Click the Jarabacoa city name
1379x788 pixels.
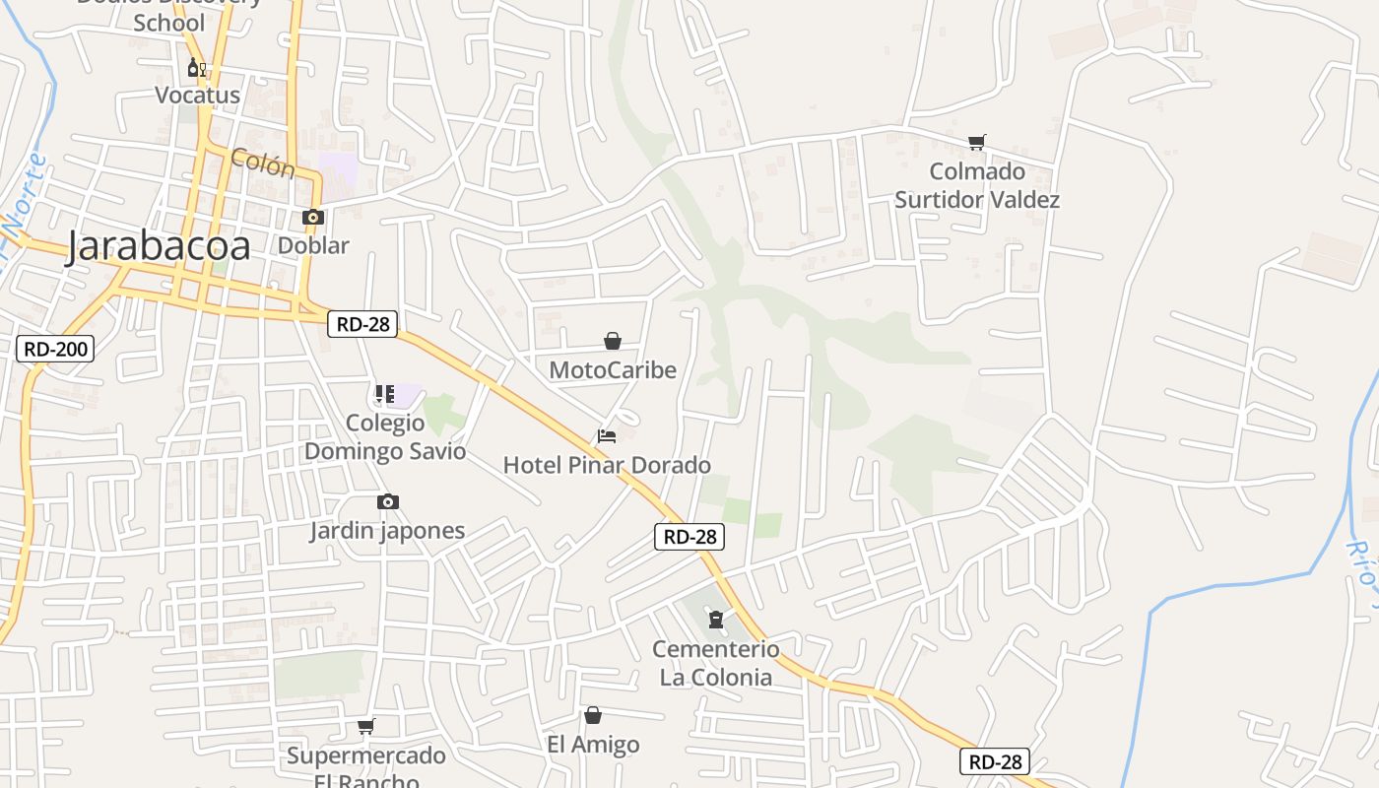pos(158,247)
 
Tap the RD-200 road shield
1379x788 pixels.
pos(55,348)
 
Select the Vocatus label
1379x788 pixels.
pos(197,96)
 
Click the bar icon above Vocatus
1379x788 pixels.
pos(196,68)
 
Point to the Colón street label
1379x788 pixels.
pos(263,163)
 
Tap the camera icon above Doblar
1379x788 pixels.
pos(313,218)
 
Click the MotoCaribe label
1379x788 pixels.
pos(613,370)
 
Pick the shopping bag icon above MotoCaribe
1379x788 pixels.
pos(613,341)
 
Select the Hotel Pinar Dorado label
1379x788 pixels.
pos(607,465)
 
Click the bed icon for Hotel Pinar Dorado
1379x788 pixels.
pos(607,435)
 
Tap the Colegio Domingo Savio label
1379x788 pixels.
pos(385,437)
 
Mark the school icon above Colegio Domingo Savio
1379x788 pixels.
pos(385,394)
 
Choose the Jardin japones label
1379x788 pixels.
pos(387,531)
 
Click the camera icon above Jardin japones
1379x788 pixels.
pos(388,502)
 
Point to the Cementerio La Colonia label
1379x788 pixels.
pos(715,663)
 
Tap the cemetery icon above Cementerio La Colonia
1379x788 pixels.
pos(715,620)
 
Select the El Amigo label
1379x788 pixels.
pos(593,745)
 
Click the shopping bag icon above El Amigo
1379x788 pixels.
pos(593,715)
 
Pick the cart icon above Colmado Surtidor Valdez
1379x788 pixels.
pos(976,143)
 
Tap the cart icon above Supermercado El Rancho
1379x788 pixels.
pos(366,727)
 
